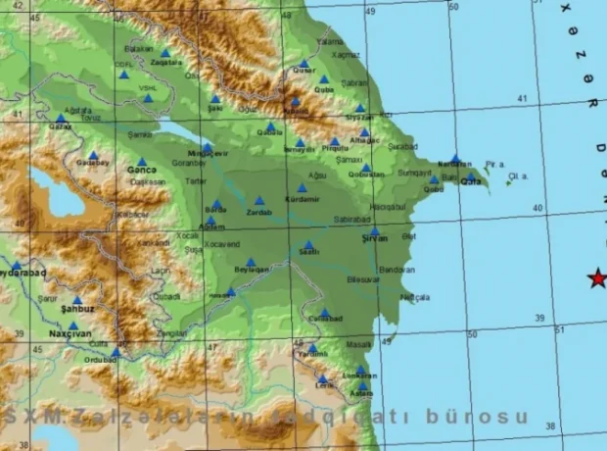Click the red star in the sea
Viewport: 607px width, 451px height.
pos(596,278)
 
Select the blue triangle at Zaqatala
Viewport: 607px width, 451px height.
pos(165,54)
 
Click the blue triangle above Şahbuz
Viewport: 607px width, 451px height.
pos(77,301)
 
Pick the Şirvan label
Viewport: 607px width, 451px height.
pos(375,238)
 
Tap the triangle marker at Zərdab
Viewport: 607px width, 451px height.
pos(259,201)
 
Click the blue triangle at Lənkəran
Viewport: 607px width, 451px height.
pos(360,370)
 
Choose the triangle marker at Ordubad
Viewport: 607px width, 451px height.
pos(116,351)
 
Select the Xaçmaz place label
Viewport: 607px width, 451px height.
pos(347,55)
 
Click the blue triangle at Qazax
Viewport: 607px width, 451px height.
pos(60,118)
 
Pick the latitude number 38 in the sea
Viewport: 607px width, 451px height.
pos(549,426)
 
